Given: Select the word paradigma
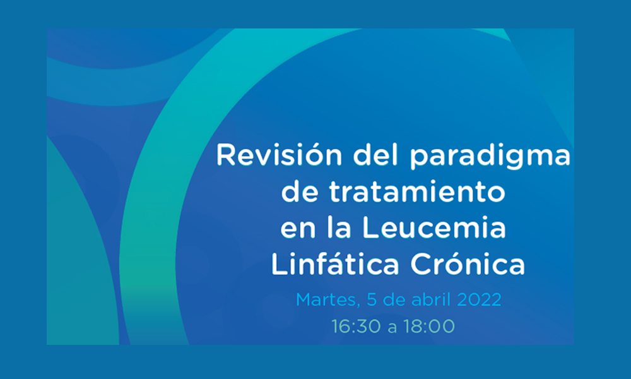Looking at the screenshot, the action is click(x=490, y=157).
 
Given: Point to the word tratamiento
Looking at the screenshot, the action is click(x=417, y=192).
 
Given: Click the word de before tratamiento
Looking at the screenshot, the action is click(x=300, y=192).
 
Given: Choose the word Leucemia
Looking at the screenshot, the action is click(x=434, y=227).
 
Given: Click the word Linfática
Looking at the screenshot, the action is click(x=335, y=263).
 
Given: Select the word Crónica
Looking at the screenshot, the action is click(x=468, y=263).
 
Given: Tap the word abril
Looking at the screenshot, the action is click(x=425, y=299).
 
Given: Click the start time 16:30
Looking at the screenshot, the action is click(x=356, y=326).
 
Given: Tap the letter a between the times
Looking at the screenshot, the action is click(x=392, y=328).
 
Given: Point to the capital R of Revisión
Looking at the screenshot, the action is click(x=225, y=155).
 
